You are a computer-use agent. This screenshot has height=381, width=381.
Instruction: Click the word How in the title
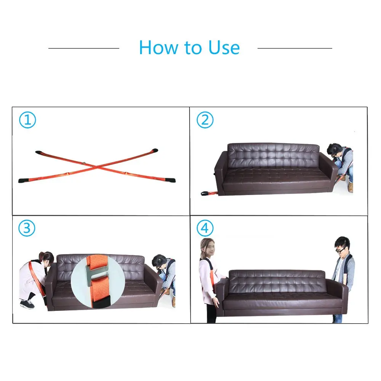click(x=158, y=47)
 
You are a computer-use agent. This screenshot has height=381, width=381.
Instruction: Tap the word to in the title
click(x=193, y=48)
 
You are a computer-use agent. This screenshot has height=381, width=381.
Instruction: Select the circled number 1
click(x=27, y=120)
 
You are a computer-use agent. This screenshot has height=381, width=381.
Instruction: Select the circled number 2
click(x=205, y=120)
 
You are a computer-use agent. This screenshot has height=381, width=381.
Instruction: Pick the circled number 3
click(x=27, y=228)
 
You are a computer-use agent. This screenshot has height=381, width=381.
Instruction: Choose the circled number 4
click(x=205, y=228)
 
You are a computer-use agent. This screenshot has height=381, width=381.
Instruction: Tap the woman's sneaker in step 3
click(x=27, y=304)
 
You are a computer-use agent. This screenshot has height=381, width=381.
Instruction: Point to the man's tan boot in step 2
click(x=350, y=187)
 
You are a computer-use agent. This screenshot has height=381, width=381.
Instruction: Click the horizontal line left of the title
click(x=84, y=48)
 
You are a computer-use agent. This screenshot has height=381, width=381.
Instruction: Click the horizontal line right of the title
click(x=295, y=48)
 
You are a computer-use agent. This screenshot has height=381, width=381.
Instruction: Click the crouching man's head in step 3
click(x=159, y=261)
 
